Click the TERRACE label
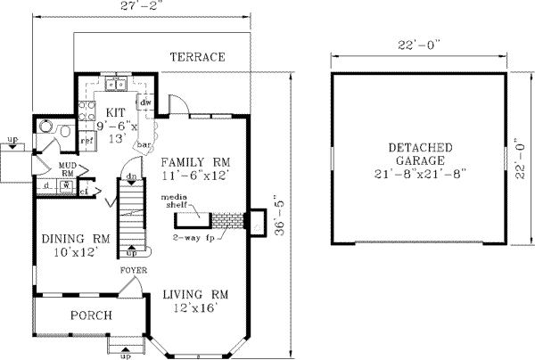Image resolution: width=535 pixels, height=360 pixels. click(197, 58)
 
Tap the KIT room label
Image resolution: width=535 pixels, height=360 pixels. click(114, 112)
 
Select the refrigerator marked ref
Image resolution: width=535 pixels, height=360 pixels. click(87, 140)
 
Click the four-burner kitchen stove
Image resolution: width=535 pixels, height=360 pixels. click(88, 111)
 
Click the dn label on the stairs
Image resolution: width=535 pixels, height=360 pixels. click(130, 176)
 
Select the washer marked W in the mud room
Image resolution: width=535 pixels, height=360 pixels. click(64, 185)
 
